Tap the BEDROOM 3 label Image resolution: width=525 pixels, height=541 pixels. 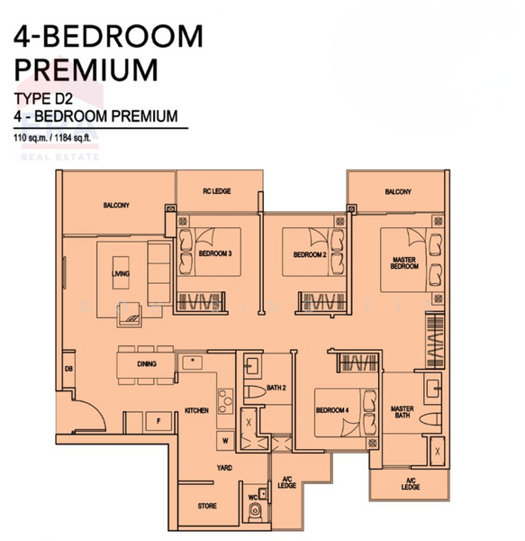pos(215,254)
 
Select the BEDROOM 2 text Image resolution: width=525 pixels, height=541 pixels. pos(309,255)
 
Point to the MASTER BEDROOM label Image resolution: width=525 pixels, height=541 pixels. pos(403,263)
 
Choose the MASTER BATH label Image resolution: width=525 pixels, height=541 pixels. pos(402,412)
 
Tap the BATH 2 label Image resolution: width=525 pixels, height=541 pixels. pos(276,389)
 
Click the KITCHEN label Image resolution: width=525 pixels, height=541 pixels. pos(196,410)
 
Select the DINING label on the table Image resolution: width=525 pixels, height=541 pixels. pos(147,364)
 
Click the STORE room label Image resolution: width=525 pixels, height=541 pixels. pos(207,506)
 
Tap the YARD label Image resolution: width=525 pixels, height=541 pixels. pos(223,468)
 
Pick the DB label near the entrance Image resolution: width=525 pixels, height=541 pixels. pos(68,368)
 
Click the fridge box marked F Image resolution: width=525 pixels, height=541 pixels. pos(158,420)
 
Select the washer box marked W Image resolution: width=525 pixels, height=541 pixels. pos(225,441)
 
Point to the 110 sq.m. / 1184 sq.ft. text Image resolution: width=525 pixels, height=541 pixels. pos(56,138)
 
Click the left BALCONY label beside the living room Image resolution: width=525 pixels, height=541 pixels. pos(116,206)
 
